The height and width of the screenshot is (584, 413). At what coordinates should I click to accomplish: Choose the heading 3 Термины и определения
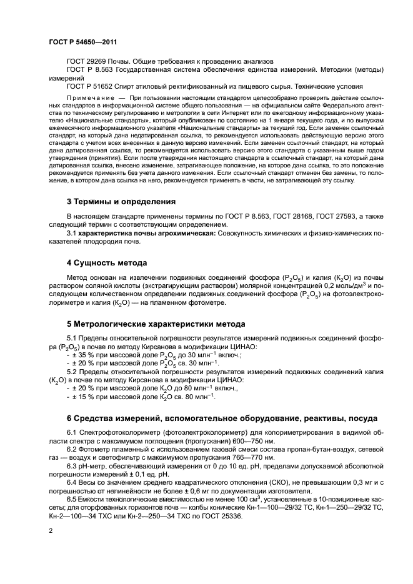point(121,202)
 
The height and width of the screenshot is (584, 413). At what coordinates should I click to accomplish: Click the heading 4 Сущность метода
point(107,262)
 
